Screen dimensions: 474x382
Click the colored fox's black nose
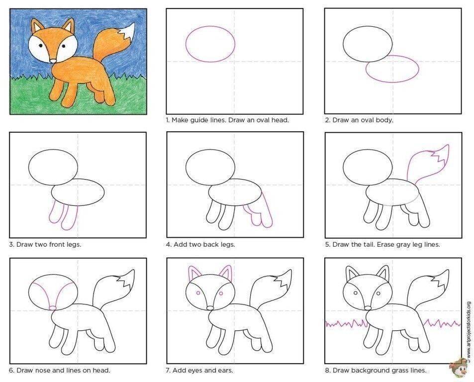pos(53,61)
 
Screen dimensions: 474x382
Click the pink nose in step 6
pos(53,308)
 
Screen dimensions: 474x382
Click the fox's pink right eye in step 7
pos(221,293)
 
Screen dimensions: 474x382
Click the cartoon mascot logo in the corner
pos(458,368)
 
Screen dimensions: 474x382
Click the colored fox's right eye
pos(64,46)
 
